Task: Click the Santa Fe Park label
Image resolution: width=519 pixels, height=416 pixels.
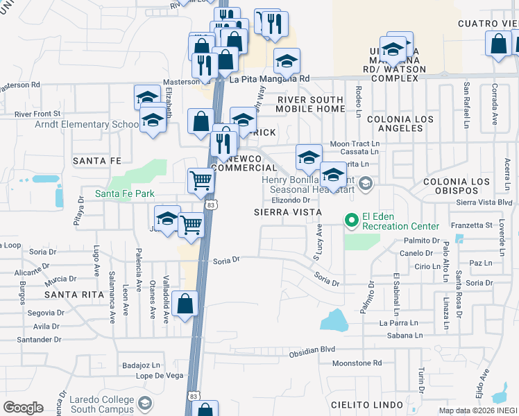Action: pyautogui.click(x=125, y=193)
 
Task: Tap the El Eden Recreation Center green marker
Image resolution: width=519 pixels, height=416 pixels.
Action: pyautogui.click(x=352, y=221)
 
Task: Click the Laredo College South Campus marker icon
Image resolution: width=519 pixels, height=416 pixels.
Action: pyautogui.click(x=145, y=404)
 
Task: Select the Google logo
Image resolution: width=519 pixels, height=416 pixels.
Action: pyautogui.click(x=23, y=408)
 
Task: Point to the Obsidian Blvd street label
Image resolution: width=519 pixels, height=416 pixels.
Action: pyautogui.click(x=312, y=350)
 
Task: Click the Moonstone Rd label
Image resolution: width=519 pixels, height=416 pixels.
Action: pyautogui.click(x=357, y=363)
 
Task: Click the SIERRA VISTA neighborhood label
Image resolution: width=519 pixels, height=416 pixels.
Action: pyautogui.click(x=287, y=211)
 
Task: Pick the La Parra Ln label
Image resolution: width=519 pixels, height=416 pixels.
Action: pyautogui.click(x=398, y=322)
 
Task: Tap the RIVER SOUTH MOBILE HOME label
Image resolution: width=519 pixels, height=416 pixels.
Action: pyautogui.click(x=311, y=105)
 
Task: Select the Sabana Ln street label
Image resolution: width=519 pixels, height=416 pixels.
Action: pyautogui.click(x=400, y=335)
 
